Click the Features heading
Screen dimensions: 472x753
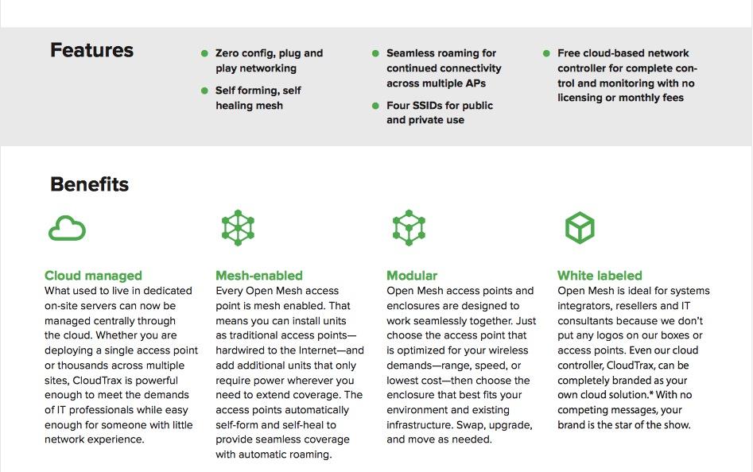[91, 51]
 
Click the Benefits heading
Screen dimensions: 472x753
[89, 184]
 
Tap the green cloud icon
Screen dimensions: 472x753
[67, 228]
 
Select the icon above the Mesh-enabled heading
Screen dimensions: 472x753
[238, 227]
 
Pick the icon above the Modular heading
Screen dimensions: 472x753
[409, 227]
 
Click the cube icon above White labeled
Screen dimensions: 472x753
[580, 227]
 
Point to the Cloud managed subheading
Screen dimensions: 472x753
[93, 276]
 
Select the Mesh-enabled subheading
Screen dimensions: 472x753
[259, 276]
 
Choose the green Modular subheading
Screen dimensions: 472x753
[412, 276]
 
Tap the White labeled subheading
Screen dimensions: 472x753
[600, 276]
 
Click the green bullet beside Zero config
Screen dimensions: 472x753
[204, 53]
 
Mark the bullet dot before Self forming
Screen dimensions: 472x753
[204, 91]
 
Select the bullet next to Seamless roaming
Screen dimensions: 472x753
[375, 53]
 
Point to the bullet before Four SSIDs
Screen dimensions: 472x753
[375, 106]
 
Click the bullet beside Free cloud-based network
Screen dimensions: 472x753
[546, 53]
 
